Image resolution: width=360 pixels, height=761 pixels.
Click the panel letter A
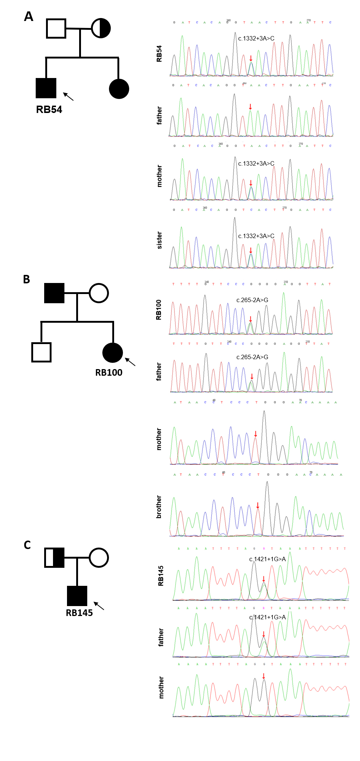29,17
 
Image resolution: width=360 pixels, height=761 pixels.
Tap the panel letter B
27,279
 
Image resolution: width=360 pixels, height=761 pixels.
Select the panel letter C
27,545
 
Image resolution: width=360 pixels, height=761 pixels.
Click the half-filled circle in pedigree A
101,28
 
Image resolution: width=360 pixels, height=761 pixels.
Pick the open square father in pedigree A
56,28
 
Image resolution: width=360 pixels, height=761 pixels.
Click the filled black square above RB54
46,88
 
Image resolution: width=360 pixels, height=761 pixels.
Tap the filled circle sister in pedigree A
119,89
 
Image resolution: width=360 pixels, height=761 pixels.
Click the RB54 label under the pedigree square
49,110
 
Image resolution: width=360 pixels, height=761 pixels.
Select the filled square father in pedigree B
54,293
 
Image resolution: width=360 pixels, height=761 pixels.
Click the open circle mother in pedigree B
99,293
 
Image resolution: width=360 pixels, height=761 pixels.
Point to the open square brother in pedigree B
41,352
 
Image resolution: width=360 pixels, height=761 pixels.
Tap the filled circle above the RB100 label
113,353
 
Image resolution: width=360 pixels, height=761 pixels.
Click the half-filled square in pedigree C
54,558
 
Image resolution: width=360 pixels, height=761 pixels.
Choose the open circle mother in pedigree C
99,558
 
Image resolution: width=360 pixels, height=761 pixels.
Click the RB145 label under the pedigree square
79,613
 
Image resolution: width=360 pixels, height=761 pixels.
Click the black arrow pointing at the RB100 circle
130,362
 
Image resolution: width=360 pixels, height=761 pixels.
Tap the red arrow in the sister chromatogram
251,251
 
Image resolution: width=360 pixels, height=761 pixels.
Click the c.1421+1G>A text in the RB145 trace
267,559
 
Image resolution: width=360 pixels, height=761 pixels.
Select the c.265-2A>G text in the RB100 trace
252,300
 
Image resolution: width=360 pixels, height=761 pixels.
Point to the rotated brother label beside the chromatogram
159,507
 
